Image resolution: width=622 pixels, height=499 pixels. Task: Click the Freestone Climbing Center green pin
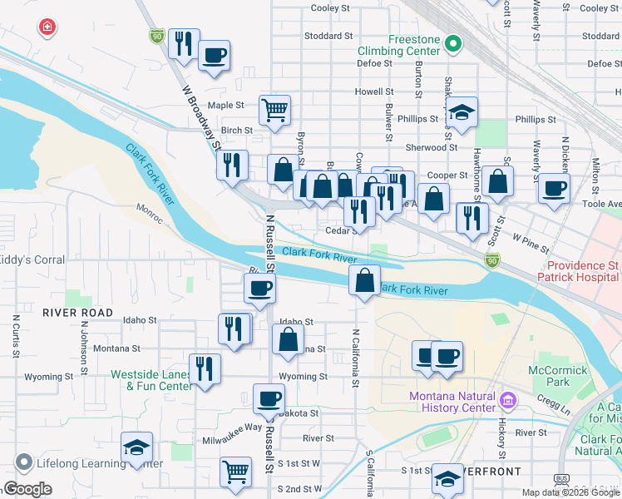(452, 42)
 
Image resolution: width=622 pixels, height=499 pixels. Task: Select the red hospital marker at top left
(48, 27)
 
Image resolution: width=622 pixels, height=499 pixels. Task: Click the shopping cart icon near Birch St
(274, 108)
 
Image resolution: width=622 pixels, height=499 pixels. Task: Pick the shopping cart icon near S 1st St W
(236, 472)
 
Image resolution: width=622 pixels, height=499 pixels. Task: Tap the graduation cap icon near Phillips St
(462, 111)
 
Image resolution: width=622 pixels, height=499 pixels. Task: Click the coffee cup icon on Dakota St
(268, 400)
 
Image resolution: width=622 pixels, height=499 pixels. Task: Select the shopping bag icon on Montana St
(288, 338)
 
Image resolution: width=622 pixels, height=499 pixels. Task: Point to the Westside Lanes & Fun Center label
(152, 379)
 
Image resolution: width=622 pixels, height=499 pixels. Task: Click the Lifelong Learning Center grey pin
(23, 461)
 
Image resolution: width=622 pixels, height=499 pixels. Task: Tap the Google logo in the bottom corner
(28, 489)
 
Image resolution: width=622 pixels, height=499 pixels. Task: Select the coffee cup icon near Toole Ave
(554, 187)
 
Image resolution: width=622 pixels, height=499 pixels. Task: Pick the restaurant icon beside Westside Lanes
(205, 368)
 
